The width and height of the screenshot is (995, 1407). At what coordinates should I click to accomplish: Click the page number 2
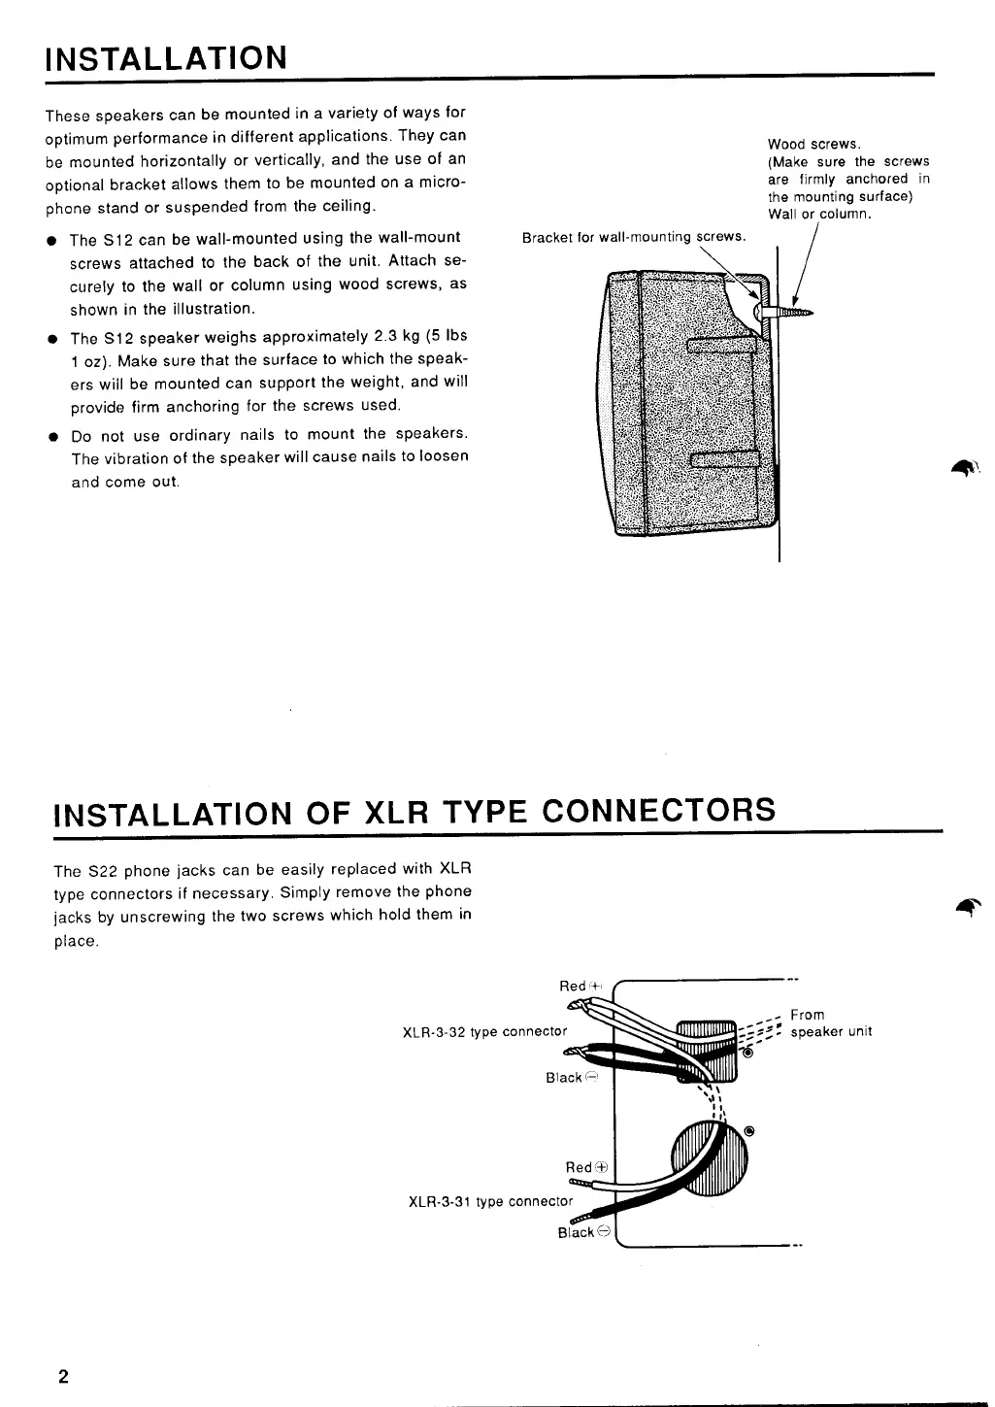coord(62,1376)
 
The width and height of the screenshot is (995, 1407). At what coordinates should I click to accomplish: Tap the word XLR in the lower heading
coord(395,811)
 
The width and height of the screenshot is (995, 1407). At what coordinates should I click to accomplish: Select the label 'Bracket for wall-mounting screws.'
coord(634,237)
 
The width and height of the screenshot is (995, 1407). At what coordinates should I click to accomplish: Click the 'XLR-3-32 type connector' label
coord(483,1031)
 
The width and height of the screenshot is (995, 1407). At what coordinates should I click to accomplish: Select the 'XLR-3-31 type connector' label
coord(490,1201)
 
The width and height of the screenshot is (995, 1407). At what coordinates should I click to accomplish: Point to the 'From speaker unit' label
coord(831,1023)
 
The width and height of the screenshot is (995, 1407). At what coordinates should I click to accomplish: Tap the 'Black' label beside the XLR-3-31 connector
coord(576,1232)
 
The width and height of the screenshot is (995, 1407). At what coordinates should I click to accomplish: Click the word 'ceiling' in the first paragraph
coord(347,206)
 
